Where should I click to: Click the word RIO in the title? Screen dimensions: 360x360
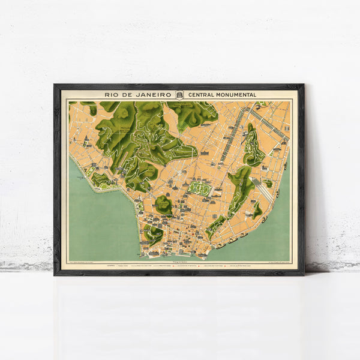111,94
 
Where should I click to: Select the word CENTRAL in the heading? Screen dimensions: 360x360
202,94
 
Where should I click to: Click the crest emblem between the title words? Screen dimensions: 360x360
179,94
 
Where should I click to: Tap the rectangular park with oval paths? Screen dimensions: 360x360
200,188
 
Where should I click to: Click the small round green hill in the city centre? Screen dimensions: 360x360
163,205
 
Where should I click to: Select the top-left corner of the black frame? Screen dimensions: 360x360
55,85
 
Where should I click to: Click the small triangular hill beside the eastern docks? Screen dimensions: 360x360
257,209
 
